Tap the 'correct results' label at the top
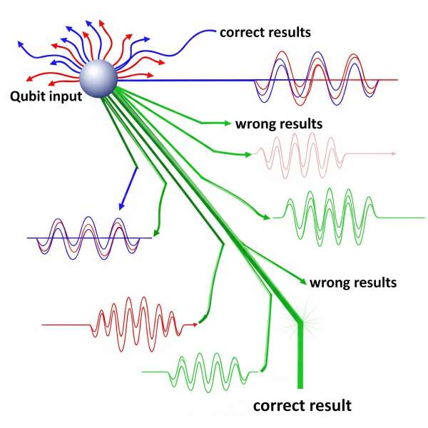click(265, 32)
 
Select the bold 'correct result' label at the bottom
click(302, 406)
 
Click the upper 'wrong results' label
click(279, 123)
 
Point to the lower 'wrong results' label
click(352, 282)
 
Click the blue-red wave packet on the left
click(87, 238)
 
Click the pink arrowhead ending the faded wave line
click(392, 153)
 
